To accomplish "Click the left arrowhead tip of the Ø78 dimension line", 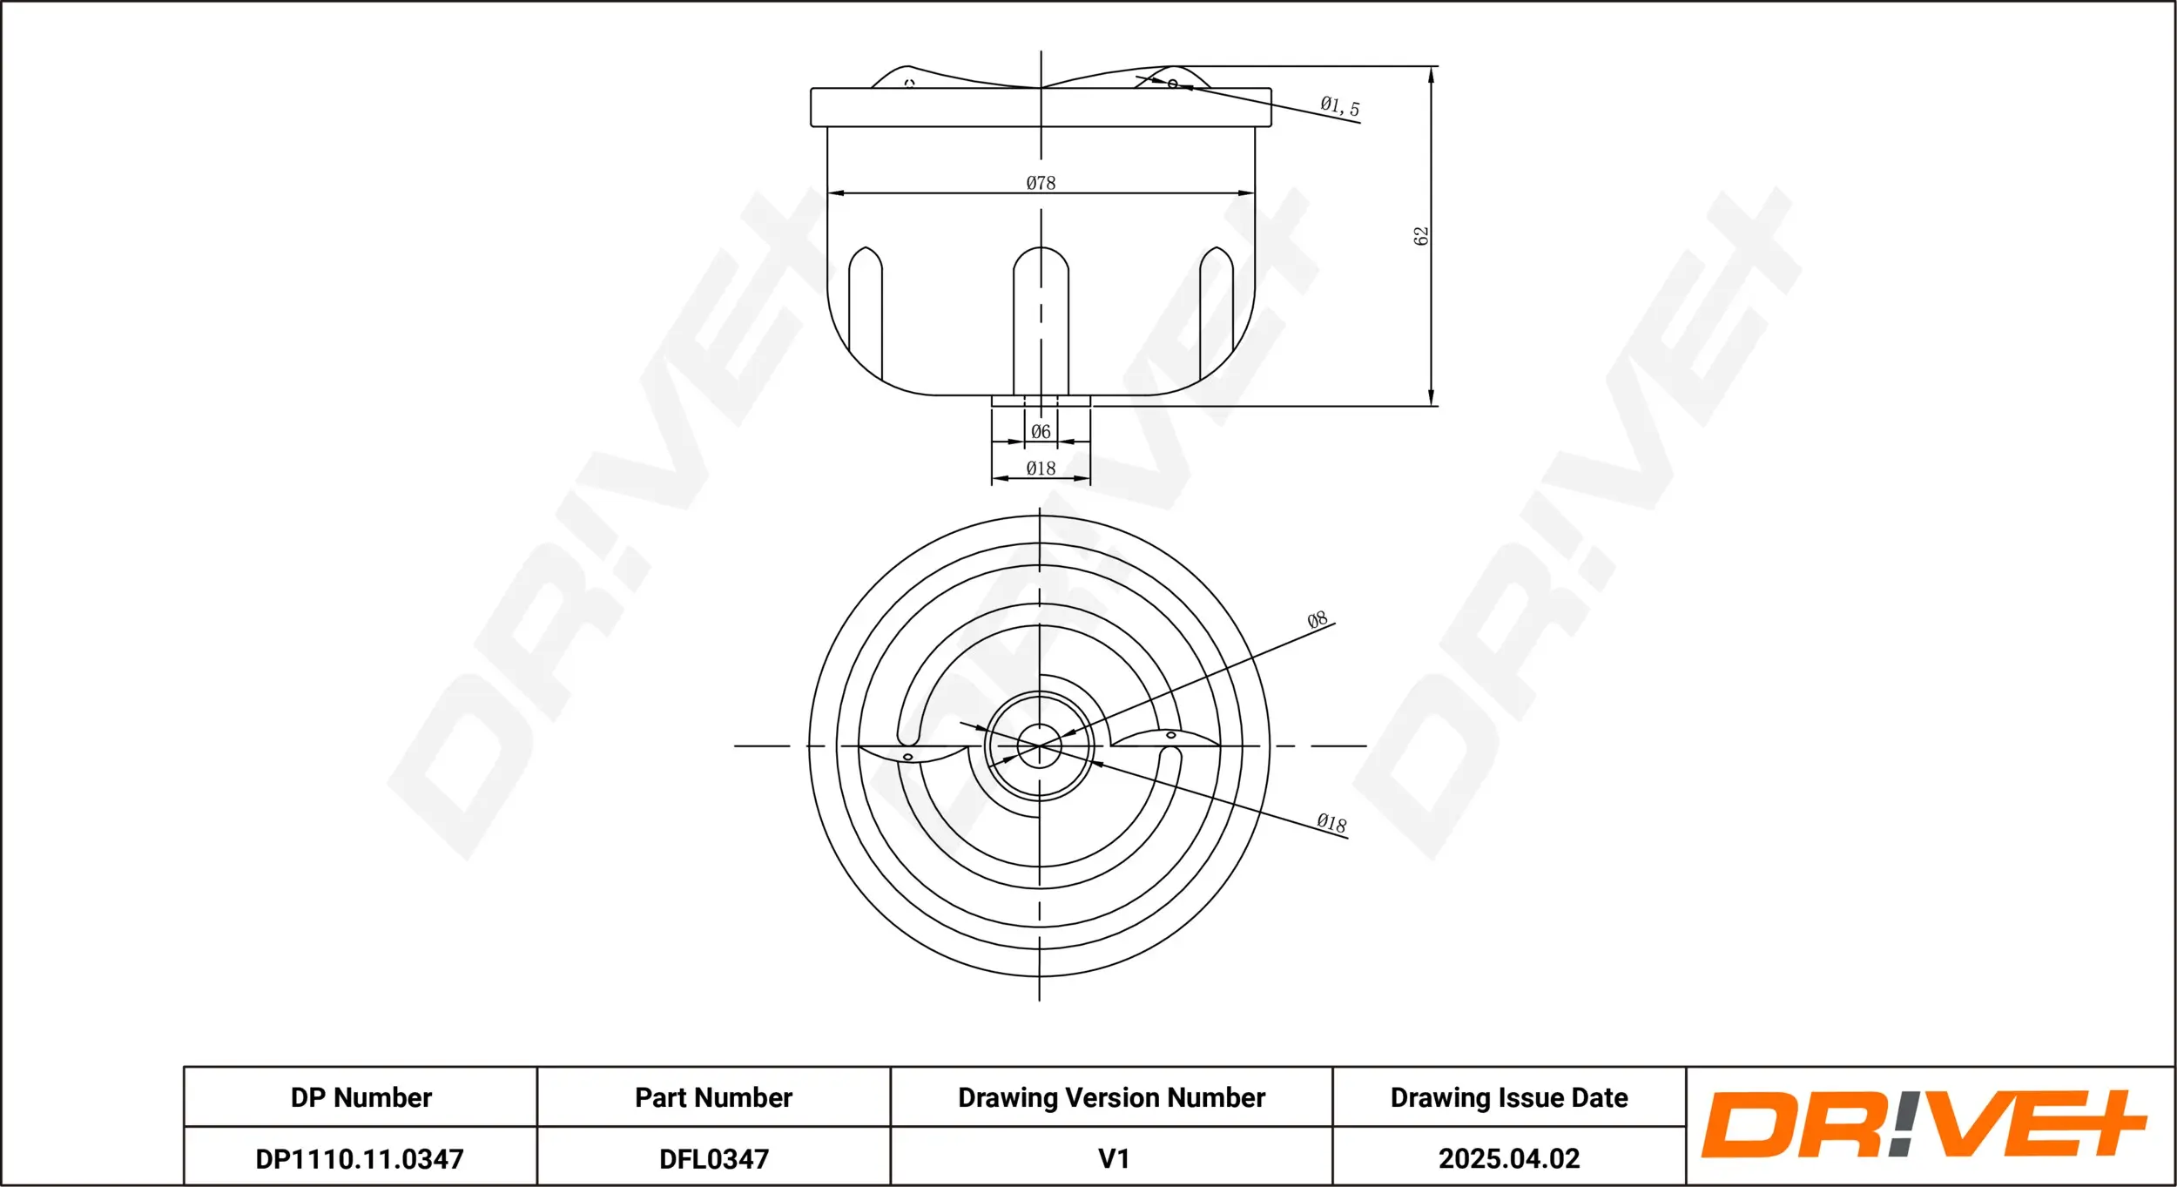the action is click(827, 193).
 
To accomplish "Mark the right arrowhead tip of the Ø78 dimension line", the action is click(1255, 193).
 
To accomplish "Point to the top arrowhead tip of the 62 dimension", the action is click(1431, 66).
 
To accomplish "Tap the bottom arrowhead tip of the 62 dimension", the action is click(1431, 406).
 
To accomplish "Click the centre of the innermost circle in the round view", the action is click(1039, 746).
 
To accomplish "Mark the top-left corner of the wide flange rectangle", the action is click(811, 88).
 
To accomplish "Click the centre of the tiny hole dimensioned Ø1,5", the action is click(1173, 84).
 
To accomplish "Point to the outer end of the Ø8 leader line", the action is click(1335, 624).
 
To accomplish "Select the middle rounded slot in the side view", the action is click(1041, 320).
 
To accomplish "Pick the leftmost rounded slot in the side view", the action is click(866, 314).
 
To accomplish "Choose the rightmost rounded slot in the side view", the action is click(1217, 314).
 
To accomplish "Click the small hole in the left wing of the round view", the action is click(907, 757).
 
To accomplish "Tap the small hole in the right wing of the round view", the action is click(1171, 735).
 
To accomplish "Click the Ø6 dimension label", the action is click(1041, 432).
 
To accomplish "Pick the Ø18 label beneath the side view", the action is click(1041, 469).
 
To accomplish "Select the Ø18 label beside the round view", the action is click(1331, 823).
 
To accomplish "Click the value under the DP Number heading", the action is click(360, 1159).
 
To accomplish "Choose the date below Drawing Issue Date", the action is click(1509, 1159).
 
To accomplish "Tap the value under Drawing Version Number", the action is click(1114, 1159).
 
